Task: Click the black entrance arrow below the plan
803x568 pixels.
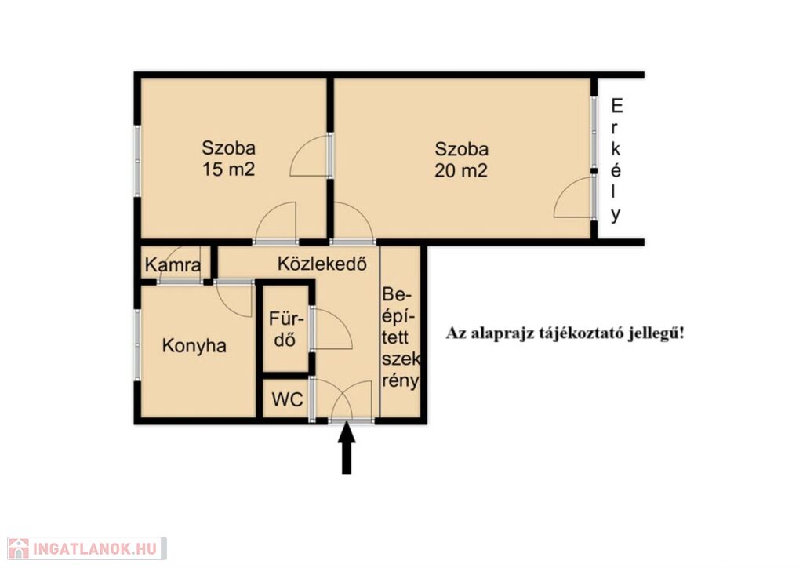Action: click(x=347, y=447)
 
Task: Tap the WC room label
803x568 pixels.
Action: click(x=287, y=399)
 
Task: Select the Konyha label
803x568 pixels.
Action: click(x=194, y=346)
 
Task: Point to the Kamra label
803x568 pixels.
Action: click(x=173, y=265)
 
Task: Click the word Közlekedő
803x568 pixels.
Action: click(x=322, y=263)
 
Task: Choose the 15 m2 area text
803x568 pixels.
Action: click(x=228, y=169)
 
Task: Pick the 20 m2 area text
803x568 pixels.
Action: click(x=461, y=170)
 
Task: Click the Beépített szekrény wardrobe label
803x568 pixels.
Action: click(x=401, y=337)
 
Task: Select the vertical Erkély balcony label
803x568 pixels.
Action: click(x=616, y=160)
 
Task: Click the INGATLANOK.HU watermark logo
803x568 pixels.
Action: click(x=87, y=548)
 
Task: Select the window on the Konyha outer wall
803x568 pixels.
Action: click(x=137, y=344)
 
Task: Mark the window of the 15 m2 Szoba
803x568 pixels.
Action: click(x=137, y=161)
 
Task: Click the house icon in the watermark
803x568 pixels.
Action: click(x=19, y=548)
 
